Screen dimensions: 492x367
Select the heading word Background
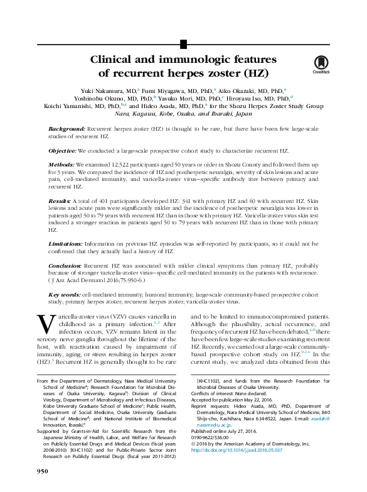[66, 128]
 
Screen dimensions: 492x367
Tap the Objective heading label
[62, 151]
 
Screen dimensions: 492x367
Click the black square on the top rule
[183, 43]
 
